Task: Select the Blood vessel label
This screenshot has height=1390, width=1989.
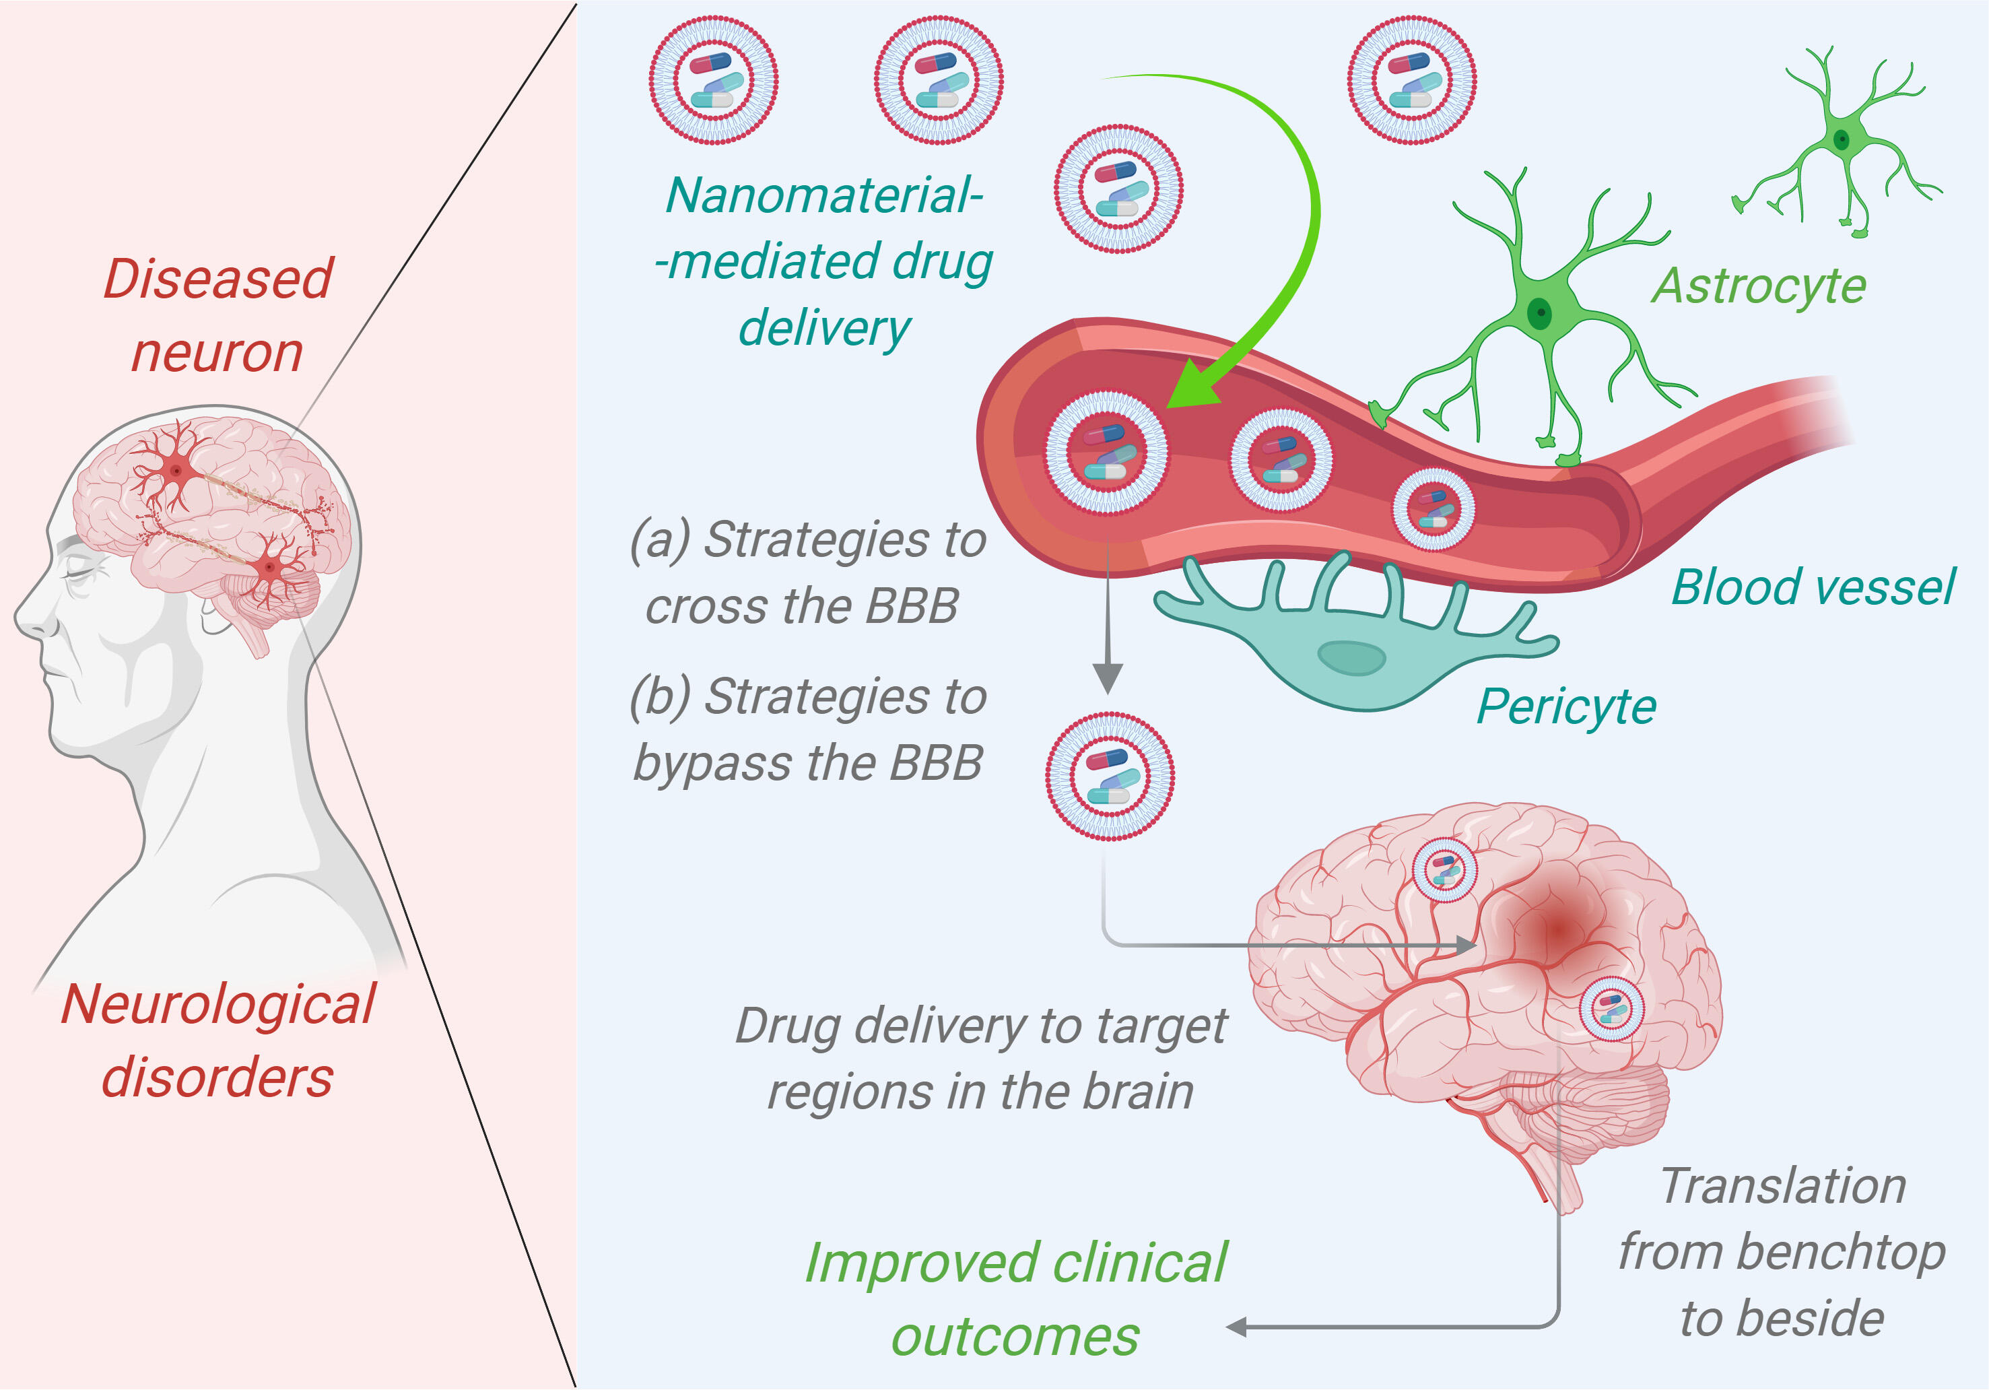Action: coord(1813,587)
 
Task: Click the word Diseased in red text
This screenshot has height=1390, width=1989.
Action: coord(217,279)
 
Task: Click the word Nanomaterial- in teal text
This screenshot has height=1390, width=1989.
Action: coord(824,195)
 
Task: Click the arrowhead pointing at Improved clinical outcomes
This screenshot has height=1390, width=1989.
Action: coord(1236,1327)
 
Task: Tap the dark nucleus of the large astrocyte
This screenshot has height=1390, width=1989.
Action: coord(1539,313)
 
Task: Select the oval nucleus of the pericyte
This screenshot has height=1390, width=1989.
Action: coord(1351,658)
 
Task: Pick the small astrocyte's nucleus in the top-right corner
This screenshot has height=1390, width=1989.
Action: coord(1842,139)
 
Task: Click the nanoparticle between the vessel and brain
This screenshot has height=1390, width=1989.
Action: coord(1110,776)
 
